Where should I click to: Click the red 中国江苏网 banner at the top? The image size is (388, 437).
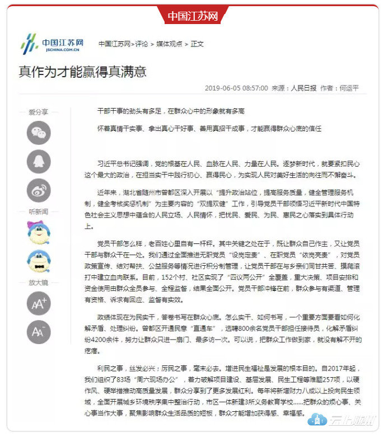[193, 16]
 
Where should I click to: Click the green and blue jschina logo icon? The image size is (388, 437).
[29, 43]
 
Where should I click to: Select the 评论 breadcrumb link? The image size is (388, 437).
[142, 44]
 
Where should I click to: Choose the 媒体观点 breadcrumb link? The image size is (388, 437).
[169, 44]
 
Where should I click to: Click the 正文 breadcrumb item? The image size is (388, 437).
[197, 44]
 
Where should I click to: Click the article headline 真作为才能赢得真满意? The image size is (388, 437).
[82, 72]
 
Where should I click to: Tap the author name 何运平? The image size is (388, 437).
[349, 88]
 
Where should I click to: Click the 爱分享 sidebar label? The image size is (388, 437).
[39, 112]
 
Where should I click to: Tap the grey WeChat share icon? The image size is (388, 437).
[39, 133]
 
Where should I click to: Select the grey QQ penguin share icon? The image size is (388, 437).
[39, 162]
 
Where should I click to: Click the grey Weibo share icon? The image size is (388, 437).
[39, 190]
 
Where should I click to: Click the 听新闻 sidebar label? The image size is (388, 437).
[39, 212]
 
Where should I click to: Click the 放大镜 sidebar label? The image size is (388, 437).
[39, 283]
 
